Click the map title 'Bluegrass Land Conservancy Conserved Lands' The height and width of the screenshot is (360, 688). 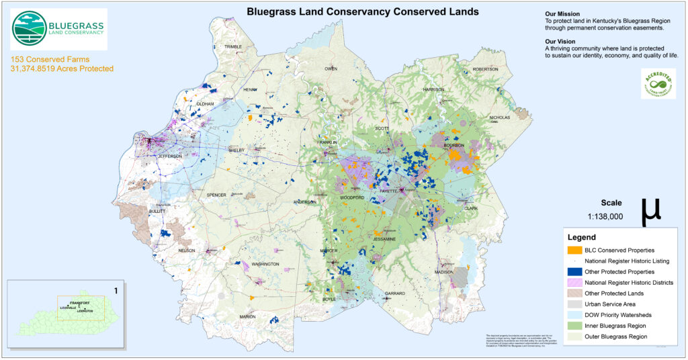(362, 11)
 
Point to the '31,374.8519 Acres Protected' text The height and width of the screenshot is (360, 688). (62, 69)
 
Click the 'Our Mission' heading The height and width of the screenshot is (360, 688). (562, 14)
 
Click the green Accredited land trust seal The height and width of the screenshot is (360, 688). (658, 84)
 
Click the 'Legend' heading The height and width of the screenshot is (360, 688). (582, 237)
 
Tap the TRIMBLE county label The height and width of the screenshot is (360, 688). (232, 46)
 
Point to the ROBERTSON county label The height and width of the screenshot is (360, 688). (485, 69)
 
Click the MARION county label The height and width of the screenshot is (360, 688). (247, 316)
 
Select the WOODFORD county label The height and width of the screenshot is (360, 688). (352, 197)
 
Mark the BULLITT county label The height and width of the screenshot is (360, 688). (156, 211)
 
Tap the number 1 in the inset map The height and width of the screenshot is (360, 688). (116, 291)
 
